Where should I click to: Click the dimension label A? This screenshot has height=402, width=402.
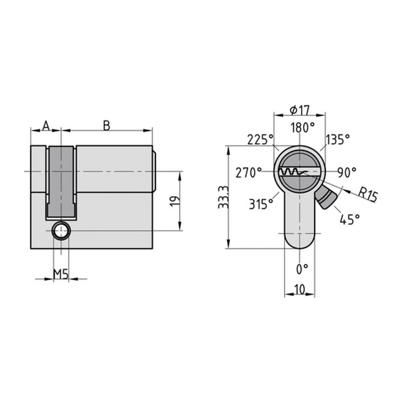click(x=46, y=126)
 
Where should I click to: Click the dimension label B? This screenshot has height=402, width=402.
click(x=107, y=126)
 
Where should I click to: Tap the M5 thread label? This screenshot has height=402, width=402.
click(x=61, y=275)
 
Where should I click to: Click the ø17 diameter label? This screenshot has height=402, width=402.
click(x=299, y=110)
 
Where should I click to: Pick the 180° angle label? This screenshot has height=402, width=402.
click(x=303, y=128)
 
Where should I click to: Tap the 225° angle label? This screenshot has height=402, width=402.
click(x=260, y=140)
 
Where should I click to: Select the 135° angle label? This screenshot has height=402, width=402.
click(x=338, y=140)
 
